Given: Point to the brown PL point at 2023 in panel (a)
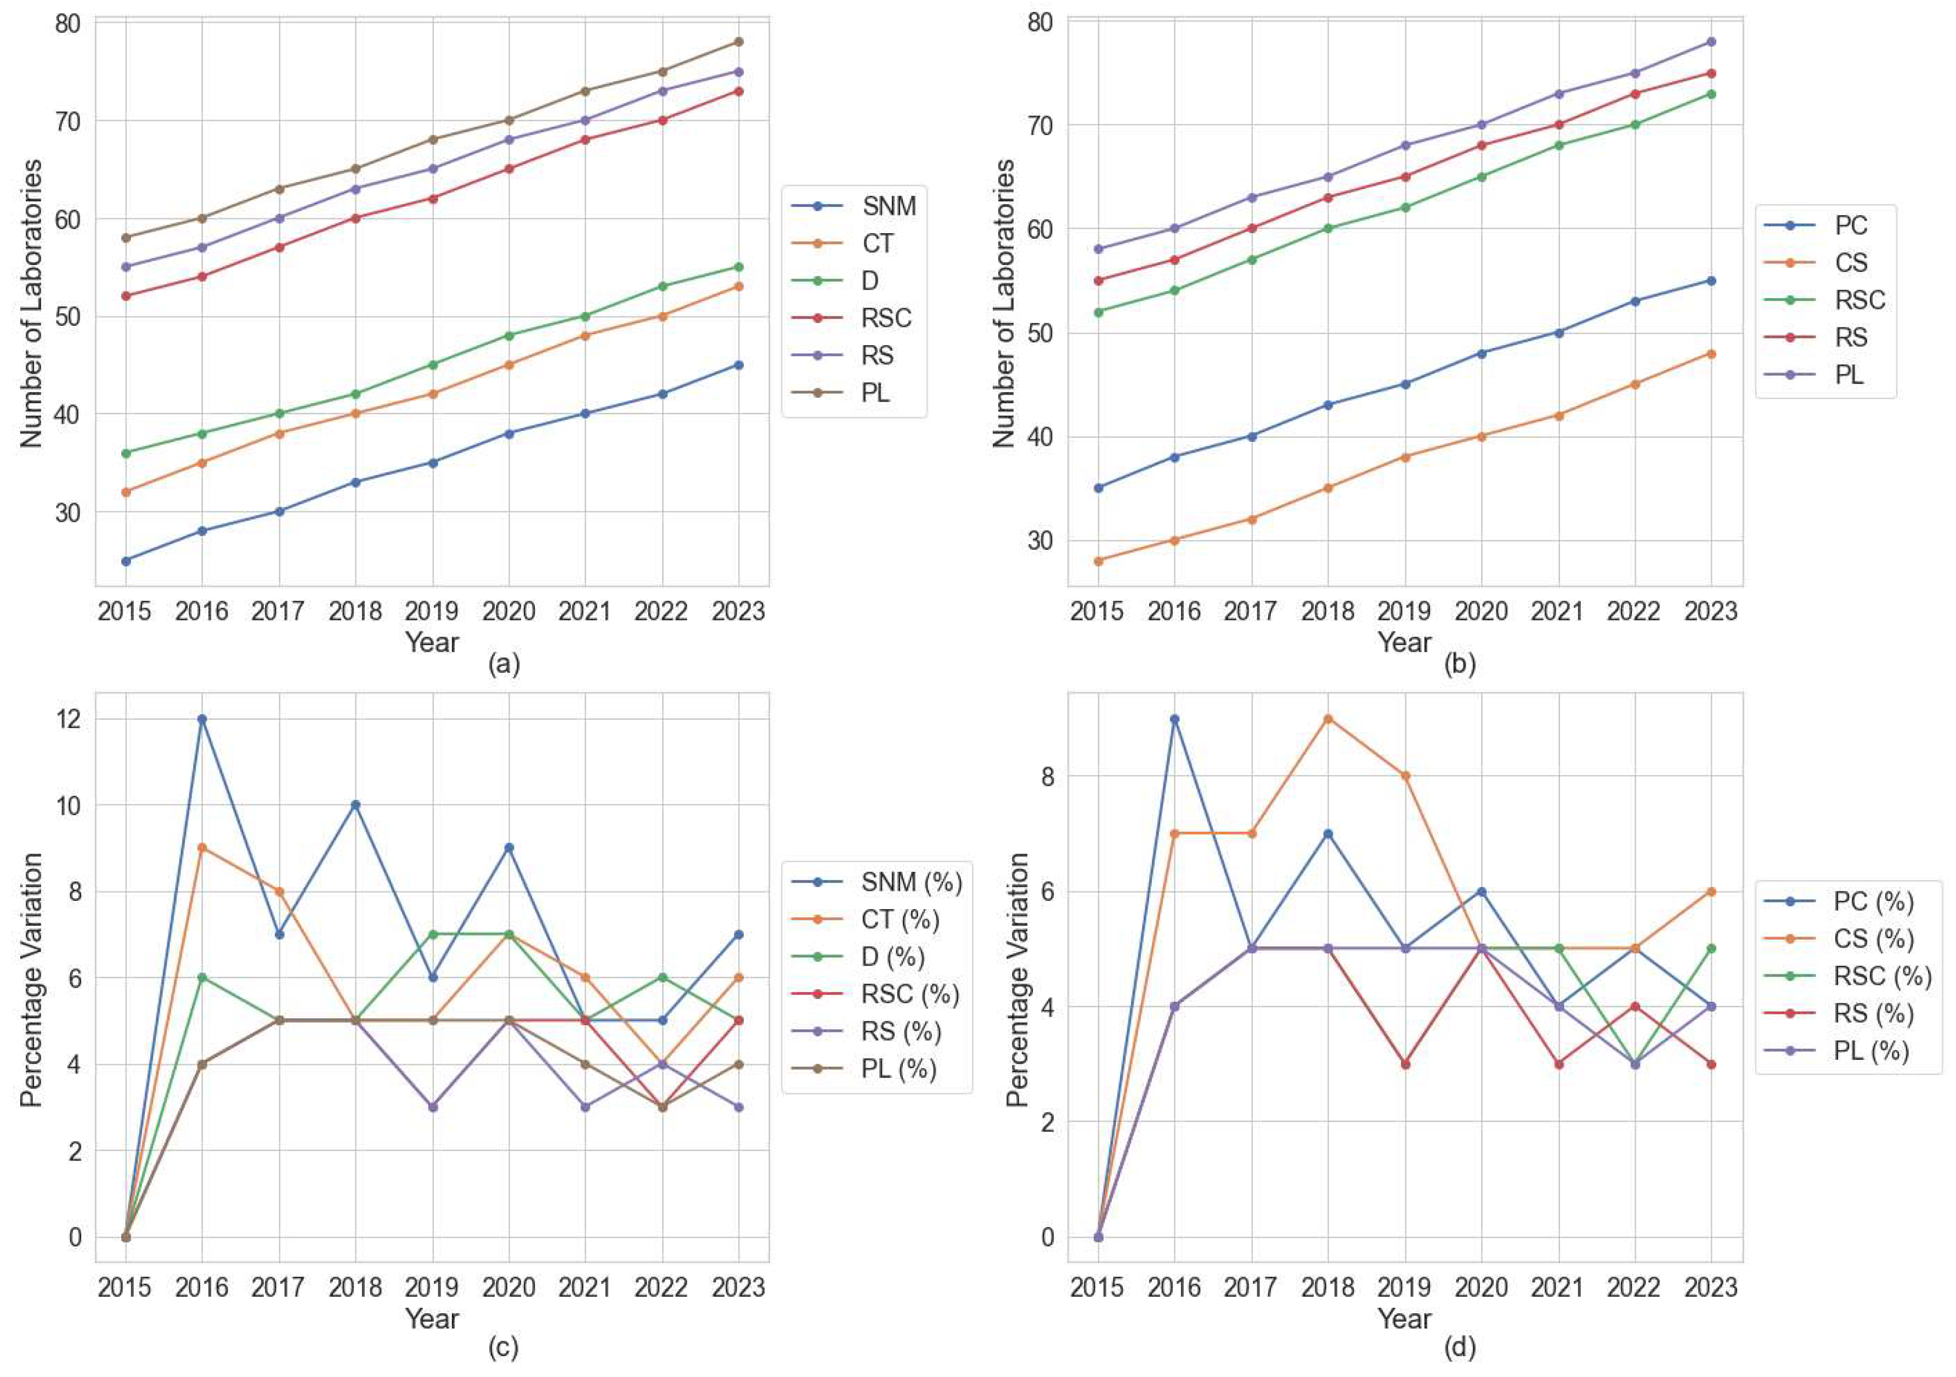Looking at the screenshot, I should click(739, 42).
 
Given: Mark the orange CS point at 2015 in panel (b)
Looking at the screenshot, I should click(1098, 561).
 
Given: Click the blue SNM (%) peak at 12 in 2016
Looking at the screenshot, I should click(202, 718).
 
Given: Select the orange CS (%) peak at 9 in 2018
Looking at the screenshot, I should click(1327, 718).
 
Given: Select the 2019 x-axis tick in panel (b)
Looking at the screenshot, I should click(1405, 612).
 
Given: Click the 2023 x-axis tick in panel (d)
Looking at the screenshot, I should click(1711, 1288).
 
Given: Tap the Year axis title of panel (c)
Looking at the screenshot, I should click(432, 1319).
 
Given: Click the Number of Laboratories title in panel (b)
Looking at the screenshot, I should click(1004, 302).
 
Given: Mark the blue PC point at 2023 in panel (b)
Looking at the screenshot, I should click(1711, 280).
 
